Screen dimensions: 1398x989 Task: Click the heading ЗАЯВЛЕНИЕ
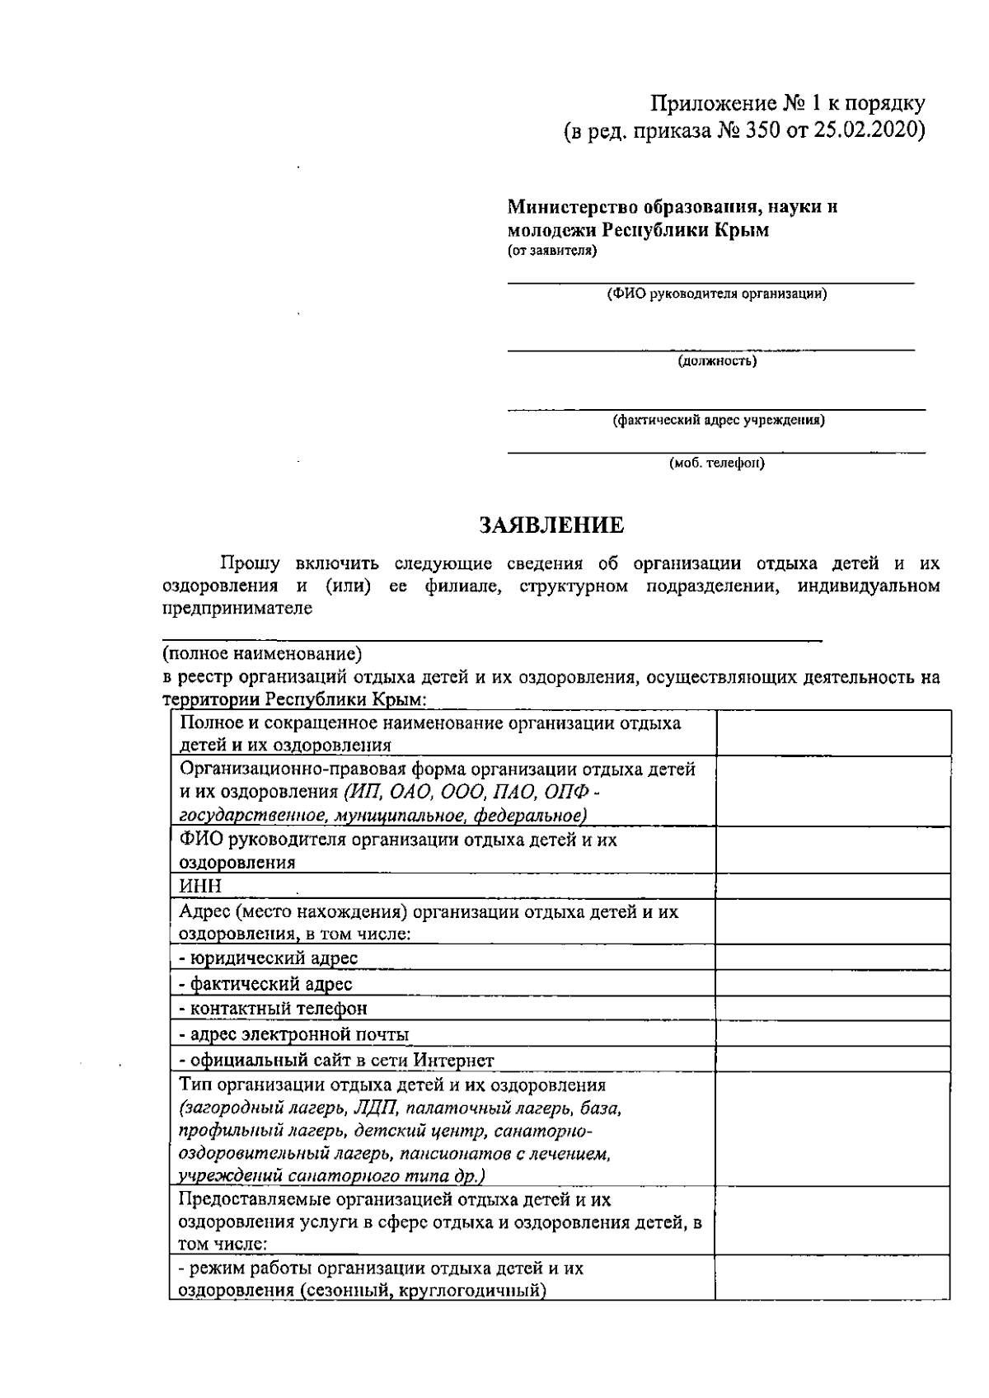[552, 525]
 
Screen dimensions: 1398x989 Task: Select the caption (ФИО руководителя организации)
[716, 294]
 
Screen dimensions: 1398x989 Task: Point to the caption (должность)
[717, 361]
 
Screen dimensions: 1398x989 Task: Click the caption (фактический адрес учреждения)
[718, 421]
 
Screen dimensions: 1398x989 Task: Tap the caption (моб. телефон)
[717, 464]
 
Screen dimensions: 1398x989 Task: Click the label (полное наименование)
[262, 655]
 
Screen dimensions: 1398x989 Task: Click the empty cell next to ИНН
[832, 887]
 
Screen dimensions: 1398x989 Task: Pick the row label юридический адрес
[269, 958]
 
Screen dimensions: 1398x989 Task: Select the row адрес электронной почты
[294, 1034]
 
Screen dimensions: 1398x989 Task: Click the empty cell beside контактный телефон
[832, 1009]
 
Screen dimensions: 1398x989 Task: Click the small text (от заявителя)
[551, 251]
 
